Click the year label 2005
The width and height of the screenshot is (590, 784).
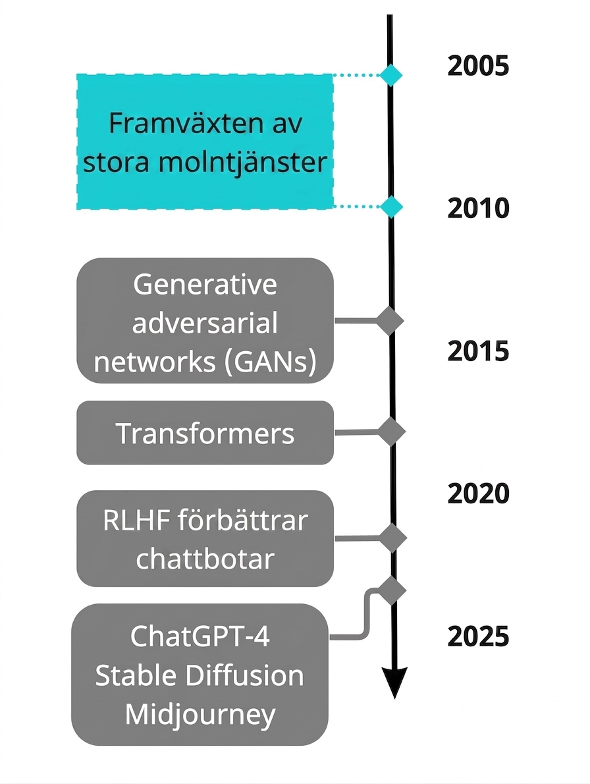[478, 66]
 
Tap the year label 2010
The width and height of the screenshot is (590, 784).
[478, 208]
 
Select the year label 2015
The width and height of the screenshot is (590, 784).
[478, 351]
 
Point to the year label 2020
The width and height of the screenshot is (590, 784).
[478, 493]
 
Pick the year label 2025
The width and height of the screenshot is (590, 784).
[478, 636]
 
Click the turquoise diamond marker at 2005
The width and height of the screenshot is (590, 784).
[390, 75]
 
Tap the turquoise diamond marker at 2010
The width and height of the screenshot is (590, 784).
[390, 206]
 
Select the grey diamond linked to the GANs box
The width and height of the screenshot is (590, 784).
[390, 320]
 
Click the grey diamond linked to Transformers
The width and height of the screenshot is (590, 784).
[391, 432]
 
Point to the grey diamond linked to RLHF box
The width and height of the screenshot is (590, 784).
[392, 538]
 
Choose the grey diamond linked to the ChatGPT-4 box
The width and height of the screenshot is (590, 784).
[392, 590]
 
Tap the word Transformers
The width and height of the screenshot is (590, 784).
[205, 433]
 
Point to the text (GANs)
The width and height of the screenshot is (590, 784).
[270, 361]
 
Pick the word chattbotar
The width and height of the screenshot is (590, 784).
[205, 559]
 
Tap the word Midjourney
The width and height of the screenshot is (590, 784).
[200, 715]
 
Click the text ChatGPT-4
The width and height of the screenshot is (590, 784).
[200, 636]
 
